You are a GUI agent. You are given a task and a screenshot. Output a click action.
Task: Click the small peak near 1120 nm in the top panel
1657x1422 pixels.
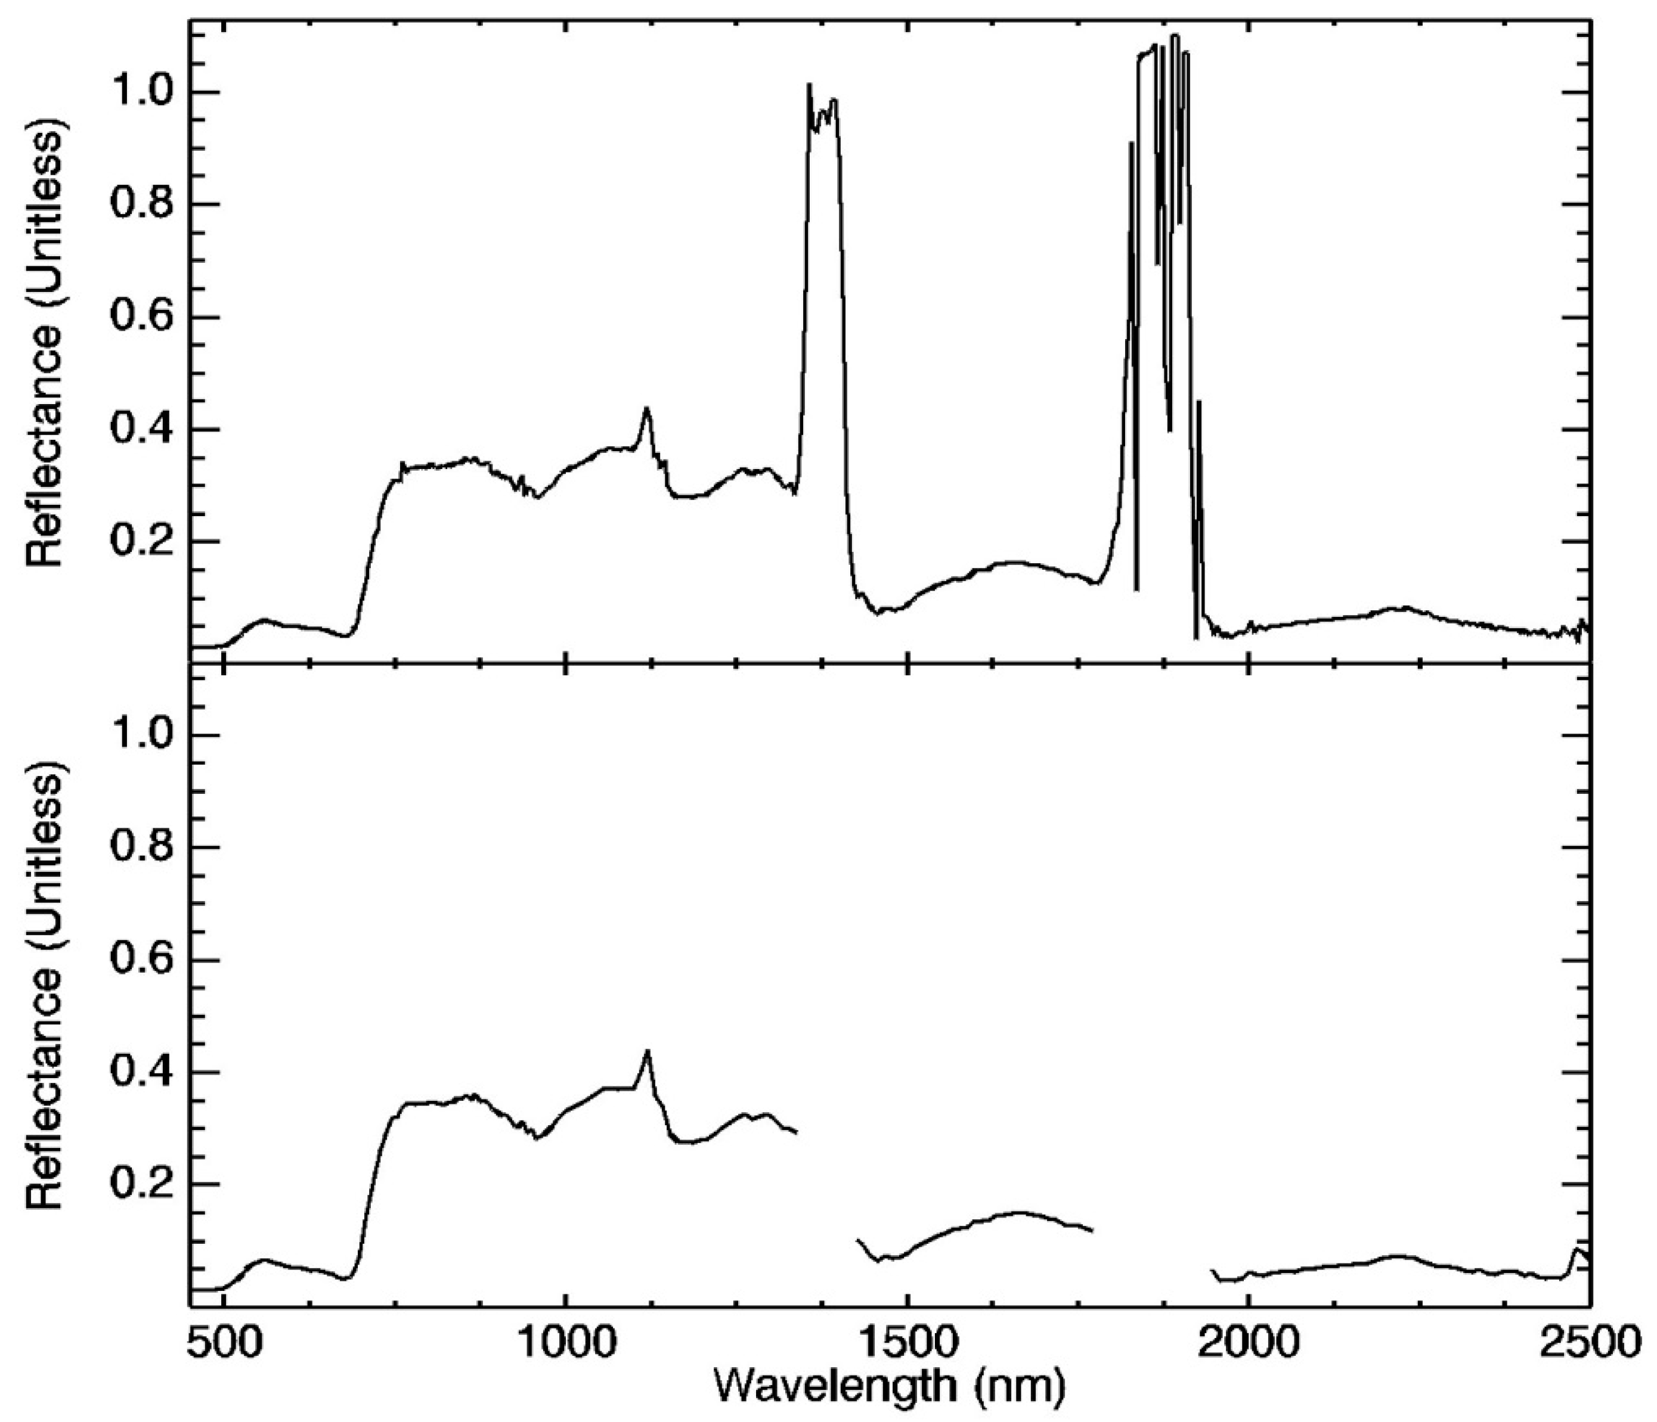pos(647,410)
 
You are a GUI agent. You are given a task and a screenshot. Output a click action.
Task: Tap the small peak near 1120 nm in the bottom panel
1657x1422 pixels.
pos(647,1052)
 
